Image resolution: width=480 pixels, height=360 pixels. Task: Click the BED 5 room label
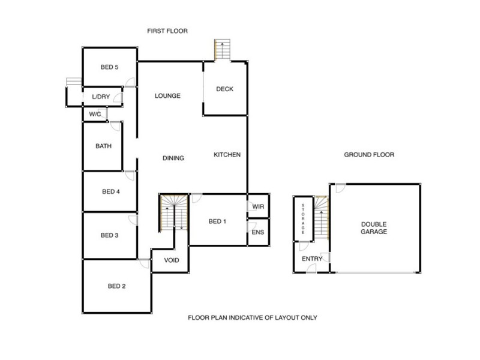[109, 67]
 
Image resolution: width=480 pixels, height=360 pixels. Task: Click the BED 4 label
[111, 192]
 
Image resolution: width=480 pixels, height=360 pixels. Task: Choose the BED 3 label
[109, 235]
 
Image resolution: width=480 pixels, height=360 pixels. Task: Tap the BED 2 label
[116, 286]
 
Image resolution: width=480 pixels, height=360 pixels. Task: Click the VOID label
[164, 260]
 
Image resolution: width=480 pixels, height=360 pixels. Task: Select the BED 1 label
[217, 221]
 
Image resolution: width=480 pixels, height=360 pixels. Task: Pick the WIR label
[259, 207]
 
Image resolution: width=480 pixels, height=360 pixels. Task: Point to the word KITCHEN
[227, 155]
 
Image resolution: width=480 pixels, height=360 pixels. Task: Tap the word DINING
[173, 158]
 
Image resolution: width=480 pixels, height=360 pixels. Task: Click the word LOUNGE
[167, 96]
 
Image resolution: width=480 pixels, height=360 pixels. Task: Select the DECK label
[225, 90]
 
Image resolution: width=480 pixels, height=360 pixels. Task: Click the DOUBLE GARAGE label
[374, 227]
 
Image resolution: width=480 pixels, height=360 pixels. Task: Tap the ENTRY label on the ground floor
[313, 259]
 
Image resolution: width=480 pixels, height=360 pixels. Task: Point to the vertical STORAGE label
[304, 218]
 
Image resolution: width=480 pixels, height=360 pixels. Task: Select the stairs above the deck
[222, 50]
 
